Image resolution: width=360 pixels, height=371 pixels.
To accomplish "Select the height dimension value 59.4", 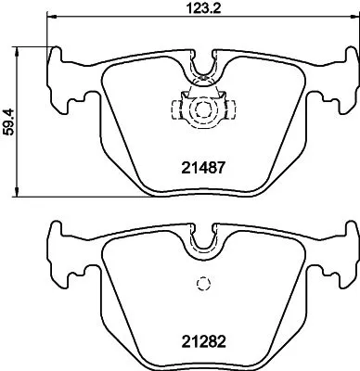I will coord(8,121).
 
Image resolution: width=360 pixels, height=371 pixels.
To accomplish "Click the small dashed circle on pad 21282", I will coord(199,286).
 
